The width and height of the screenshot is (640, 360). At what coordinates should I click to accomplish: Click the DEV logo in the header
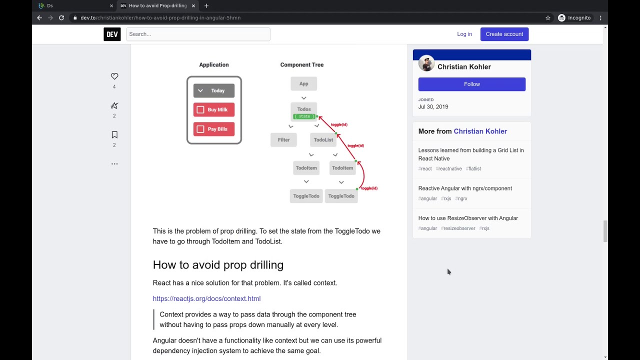pyautogui.click(x=112, y=34)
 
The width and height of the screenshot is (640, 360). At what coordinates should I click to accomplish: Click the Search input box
pyautogui.click(x=198, y=34)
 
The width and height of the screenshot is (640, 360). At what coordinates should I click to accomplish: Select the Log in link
pyautogui.click(x=464, y=34)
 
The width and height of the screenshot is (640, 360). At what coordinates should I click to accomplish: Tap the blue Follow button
pyautogui.click(x=471, y=84)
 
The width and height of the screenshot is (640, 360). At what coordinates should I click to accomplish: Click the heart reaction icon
pyautogui.click(x=114, y=76)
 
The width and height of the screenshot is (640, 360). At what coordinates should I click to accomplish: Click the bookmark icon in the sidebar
pyautogui.click(x=114, y=135)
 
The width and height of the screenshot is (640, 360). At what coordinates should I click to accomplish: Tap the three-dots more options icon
pyautogui.click(x=114, y=163)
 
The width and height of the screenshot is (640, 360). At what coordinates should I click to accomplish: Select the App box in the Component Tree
pyautogui.click(x=303, y=83)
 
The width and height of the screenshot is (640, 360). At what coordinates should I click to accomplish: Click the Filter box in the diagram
pyautogui.click(x=283, y=140)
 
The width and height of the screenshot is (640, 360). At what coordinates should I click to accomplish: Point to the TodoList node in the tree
pyautogui.click(x=323, y=140)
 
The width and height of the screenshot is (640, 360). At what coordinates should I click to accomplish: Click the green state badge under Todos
pyautogui.click(x=304, y=116)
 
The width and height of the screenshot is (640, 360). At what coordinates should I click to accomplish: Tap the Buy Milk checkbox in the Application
pyautogui.click(x=200, y=110)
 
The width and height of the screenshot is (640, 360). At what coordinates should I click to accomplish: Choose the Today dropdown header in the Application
pyautogui.click(x=214, y=90)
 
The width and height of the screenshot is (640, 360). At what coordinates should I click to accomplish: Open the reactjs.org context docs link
pyautogui.click(x=206, y=298)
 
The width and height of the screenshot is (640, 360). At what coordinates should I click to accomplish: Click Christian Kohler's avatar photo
pyautogui.click(x=426, y=63)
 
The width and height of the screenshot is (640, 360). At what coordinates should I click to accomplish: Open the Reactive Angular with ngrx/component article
pyautogui.click(x=465, y=188)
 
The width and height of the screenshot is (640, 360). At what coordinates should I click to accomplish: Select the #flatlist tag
pyautogui.click(x=473, y=169)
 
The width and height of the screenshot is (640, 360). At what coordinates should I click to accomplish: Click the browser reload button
pyautogui.click(x=61, y=17)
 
